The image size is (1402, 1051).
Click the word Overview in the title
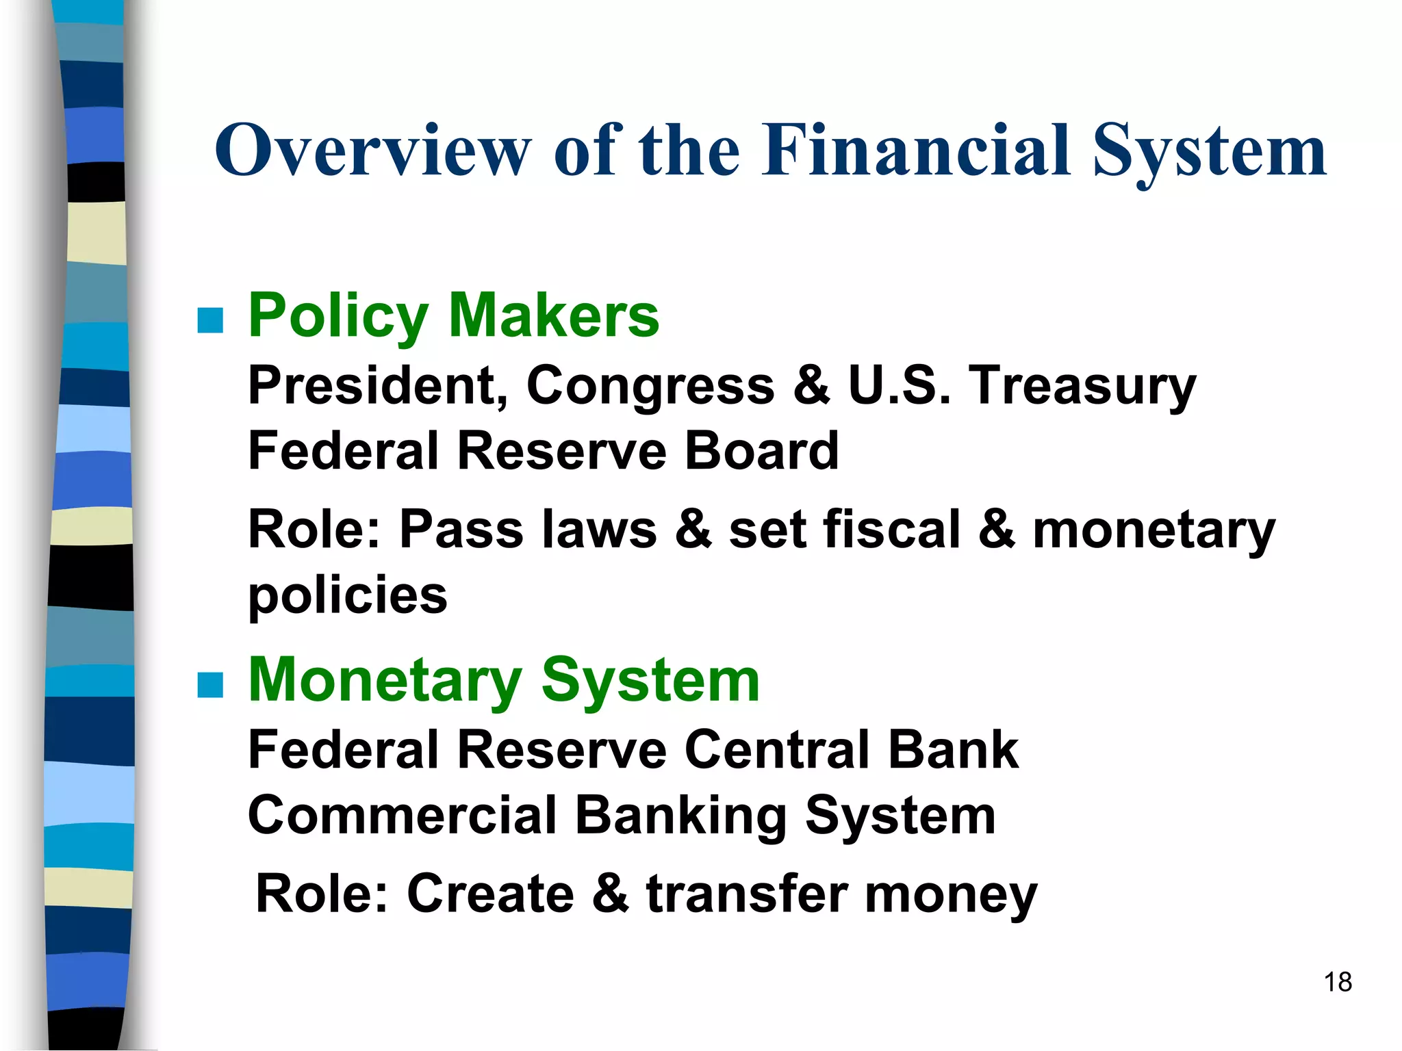(373, 151)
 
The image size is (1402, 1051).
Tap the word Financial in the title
(916, 151)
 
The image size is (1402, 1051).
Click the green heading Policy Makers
(453, 315)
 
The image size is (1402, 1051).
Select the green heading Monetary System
(504, 680)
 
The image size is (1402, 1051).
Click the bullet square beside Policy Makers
(210, 320)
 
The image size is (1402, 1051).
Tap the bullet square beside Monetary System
(210, 684)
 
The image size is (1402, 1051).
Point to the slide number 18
(1338, 983)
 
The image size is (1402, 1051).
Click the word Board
(761, 452)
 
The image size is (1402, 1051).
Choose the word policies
(348, 596)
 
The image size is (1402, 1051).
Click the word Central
(776, 750)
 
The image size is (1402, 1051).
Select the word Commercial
(403, 816)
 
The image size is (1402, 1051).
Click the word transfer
(747, 894)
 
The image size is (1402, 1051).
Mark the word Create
(490, 894)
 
